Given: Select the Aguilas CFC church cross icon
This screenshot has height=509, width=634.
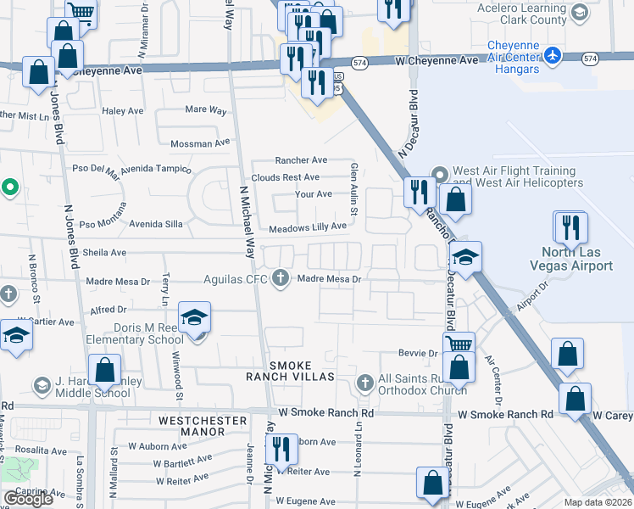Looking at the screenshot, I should pos(281,278).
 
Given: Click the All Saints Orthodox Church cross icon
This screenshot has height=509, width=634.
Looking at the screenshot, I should pos(365,383).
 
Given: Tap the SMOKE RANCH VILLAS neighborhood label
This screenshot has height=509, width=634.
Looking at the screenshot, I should pos(291,370).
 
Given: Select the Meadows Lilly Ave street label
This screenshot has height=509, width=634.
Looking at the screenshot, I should pos(308,227).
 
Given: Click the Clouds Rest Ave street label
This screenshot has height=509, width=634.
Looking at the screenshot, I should pos(285,177).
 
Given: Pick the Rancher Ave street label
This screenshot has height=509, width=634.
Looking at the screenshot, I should pos(301,160).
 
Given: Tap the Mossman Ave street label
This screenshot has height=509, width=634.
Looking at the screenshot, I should pos(191,143).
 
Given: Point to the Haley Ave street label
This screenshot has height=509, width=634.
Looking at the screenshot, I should pos(123,111).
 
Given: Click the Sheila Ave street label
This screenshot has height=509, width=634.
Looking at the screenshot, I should pos(104,253).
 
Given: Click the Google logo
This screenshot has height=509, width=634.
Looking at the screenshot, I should pos(28,499).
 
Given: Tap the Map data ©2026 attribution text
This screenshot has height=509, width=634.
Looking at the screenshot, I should pos(598,502).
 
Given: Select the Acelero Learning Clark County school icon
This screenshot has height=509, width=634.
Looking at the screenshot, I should pos(579,13).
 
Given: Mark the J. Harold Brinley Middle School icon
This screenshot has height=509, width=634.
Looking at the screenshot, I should pos(41,386).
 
